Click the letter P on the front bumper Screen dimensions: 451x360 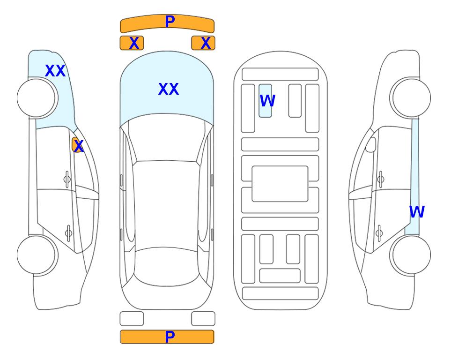click(170, 22)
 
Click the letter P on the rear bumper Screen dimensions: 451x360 click(170, 337)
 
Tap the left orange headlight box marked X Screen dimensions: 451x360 click(132, 43)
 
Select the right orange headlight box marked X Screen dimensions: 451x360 click(203, 43)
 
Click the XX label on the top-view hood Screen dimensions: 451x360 click(169, 89)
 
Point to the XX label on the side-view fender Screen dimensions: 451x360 click(55, 71)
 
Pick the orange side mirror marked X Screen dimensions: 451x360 click(77, 145)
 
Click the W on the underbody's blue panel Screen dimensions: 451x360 click(267, 100)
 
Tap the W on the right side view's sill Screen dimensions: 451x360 click(417, 212)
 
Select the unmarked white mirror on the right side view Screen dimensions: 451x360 click(371, 145)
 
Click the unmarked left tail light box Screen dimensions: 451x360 click(132, 319)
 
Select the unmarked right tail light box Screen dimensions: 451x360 click(203, 319)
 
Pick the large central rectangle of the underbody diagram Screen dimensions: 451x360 click(280, 184)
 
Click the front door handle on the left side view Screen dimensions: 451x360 click(67, 180)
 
